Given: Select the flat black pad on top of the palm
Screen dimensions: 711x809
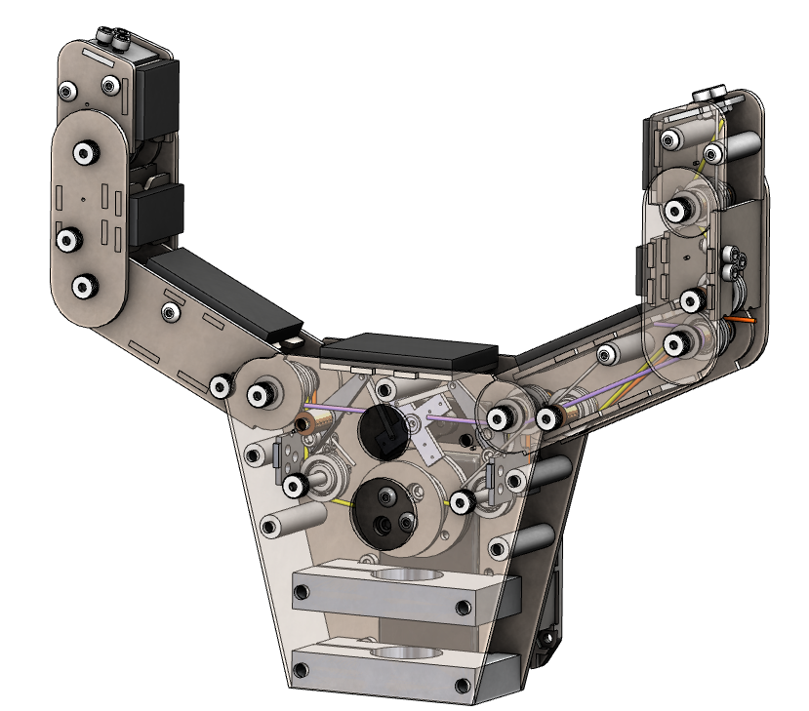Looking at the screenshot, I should pos(409,352).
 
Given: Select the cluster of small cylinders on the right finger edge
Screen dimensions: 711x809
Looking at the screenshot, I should pos(735,264).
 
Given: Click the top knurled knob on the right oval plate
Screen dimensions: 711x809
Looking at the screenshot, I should pos(676,209).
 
